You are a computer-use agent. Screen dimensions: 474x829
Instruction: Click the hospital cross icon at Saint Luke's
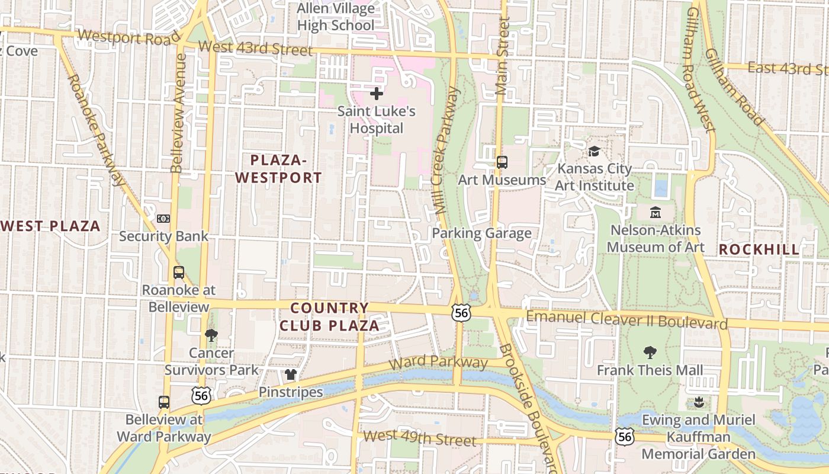click(x=376, y=94)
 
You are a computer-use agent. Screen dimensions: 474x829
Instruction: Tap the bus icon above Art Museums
click(x=502, y=162)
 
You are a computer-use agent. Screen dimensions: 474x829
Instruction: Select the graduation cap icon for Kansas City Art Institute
click(x=594, y=152)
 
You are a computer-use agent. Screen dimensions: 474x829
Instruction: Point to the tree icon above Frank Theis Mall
click(x=650, y=353)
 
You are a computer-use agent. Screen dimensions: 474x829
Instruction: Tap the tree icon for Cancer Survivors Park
click(x=211, y=335)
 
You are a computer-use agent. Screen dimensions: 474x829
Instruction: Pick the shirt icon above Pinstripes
click(x=290, y=374)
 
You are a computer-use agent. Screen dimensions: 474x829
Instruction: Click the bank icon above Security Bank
click(x=163, y=219)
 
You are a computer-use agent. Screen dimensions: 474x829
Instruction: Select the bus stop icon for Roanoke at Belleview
click(x=178, y=273)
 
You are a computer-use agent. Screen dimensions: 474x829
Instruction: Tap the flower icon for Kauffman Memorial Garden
click(x=699, y=402)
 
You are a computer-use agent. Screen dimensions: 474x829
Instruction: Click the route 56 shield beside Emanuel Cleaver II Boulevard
click(x=461, y=313)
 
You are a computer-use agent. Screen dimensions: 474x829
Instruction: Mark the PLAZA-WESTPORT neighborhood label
click(x=278, y=169)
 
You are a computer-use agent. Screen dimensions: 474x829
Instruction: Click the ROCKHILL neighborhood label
click(x=759, y=249)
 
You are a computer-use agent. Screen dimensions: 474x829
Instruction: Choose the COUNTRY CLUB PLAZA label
click(x=329, y=317)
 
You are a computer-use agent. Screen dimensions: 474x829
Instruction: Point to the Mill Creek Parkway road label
click(x=446, y=151)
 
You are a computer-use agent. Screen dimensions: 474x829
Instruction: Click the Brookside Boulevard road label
click(x=528, y=409)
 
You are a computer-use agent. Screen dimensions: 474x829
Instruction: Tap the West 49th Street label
click(x=419, y=439)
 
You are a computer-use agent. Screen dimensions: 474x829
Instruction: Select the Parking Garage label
click(x=481, y=233)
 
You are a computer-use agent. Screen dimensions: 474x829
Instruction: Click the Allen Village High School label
click(x=336, y=17)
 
